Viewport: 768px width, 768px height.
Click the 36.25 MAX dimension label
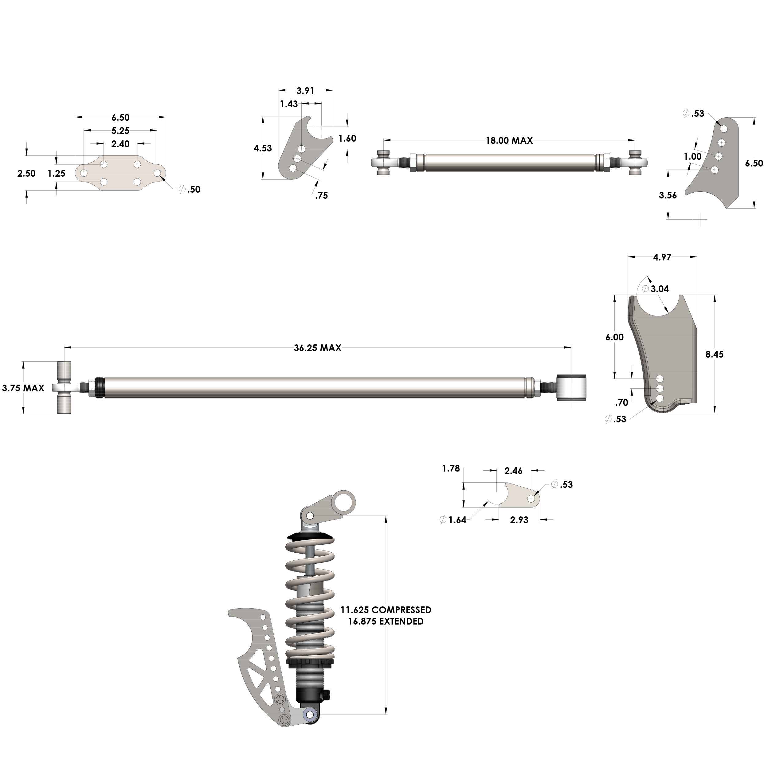point(317,348)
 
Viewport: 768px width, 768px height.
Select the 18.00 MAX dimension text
point(509,140)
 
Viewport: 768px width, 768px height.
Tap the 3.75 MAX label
point(23,388)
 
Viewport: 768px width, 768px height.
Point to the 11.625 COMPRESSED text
point(386,610)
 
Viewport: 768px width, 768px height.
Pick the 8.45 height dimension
point(714,354)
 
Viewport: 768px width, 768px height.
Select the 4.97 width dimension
point(662,257)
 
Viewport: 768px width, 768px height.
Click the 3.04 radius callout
point(660,289)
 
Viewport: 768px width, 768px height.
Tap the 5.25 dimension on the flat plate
point(120,130)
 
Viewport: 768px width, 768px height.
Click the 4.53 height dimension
point(263,148)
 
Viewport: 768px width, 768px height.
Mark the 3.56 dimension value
point(668,195)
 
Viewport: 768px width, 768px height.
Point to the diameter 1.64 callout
point(453,520)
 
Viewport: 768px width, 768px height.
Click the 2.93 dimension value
point(519,520)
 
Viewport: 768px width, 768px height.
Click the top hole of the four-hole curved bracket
point(724,129)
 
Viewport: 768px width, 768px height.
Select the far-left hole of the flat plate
point(84,173)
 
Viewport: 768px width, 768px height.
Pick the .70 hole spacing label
point(621,403)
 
